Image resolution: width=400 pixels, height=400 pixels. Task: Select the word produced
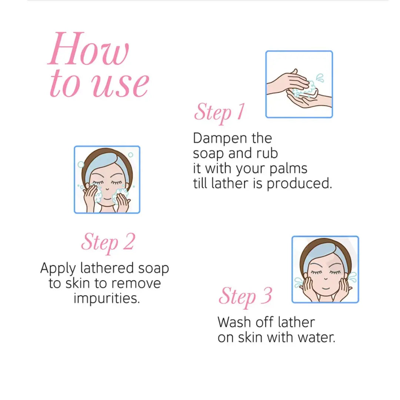300,184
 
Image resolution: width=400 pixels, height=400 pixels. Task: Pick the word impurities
107,298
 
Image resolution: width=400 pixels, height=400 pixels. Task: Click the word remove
136,283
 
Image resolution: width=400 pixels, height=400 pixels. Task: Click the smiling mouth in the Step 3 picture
326,289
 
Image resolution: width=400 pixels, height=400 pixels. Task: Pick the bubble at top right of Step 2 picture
131,155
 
